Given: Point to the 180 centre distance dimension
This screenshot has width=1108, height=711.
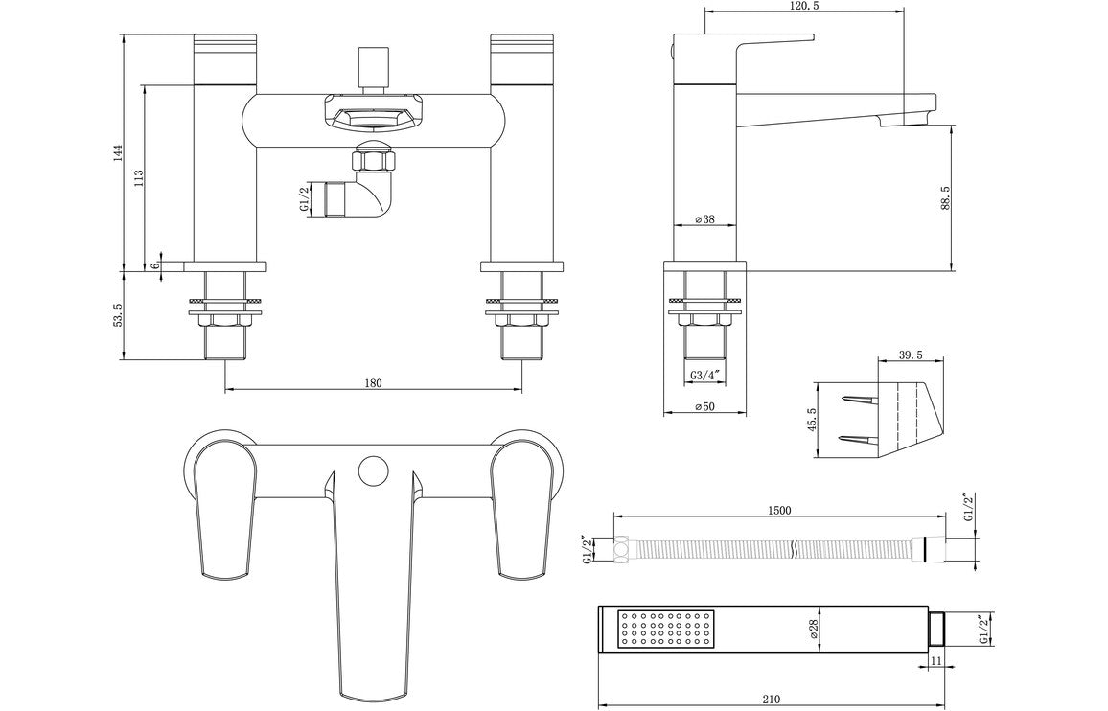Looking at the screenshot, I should (x=373, y=383).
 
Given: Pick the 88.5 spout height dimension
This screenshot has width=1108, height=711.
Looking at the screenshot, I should (x=945, y=196).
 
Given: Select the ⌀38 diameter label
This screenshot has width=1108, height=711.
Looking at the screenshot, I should (x=704, y=219).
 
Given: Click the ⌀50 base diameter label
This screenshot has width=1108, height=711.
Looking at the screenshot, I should (x=704, y=407).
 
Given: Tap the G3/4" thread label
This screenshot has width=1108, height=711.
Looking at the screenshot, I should (x=704, y=375).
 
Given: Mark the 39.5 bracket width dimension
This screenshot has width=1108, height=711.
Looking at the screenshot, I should (x=910, y=355).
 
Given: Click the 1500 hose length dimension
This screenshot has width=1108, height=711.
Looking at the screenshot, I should (x=778, y=511).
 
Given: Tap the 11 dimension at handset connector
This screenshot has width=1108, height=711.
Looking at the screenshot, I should (x=936, y=661).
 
